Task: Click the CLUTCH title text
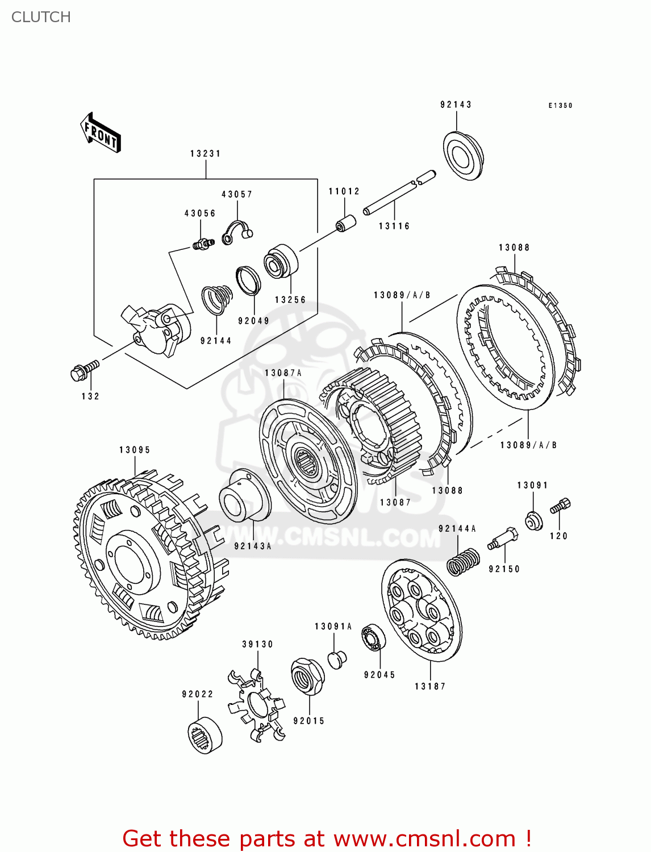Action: coord(41,17)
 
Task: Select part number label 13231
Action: coord(205,153)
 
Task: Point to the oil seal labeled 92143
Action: coord(462,156)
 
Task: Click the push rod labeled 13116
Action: coord(399,193)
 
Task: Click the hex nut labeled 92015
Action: coord(307,676)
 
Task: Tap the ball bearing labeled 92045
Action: coord(374,638)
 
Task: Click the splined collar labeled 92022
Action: coord(205,735)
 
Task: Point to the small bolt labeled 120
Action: coord(560,506)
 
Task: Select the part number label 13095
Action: coord(135,450)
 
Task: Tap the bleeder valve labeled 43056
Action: coord(201,244)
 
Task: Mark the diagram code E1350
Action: coord(560,106)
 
